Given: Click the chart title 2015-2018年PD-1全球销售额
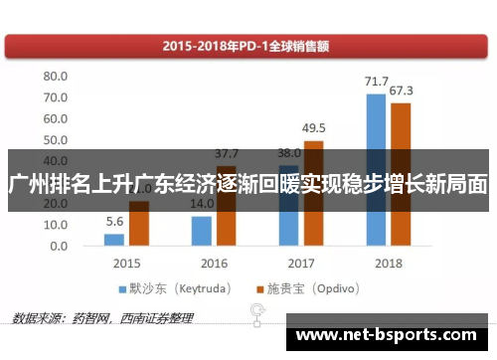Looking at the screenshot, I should [248, 44].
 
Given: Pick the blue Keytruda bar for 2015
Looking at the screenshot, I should [114, 240].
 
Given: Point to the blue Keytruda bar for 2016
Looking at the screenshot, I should [202, 231].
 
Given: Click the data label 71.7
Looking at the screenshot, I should [376, 82].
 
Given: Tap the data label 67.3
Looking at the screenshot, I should [402, 91].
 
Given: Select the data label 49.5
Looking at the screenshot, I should [314, 128].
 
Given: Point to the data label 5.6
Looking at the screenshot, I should [114, 222].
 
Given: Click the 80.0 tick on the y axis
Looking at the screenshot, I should [54, 77].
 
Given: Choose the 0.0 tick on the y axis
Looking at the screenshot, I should [58, 246].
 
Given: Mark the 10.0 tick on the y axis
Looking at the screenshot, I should [54, 225].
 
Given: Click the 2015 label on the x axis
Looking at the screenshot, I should [127, 265].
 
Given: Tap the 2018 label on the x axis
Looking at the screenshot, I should [389, 265].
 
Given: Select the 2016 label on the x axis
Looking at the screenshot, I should [214, 265].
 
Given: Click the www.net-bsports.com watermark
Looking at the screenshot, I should [392, 335].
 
